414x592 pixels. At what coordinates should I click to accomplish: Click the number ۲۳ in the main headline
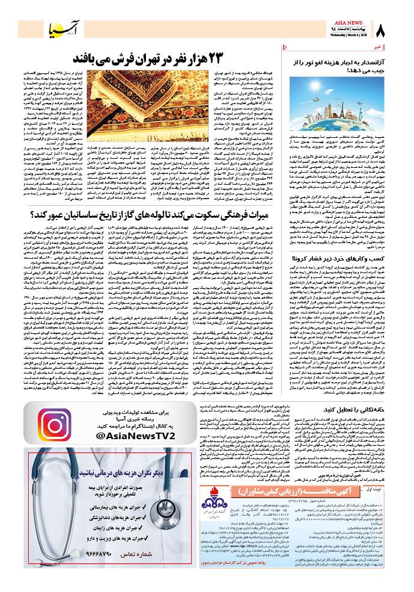243,59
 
